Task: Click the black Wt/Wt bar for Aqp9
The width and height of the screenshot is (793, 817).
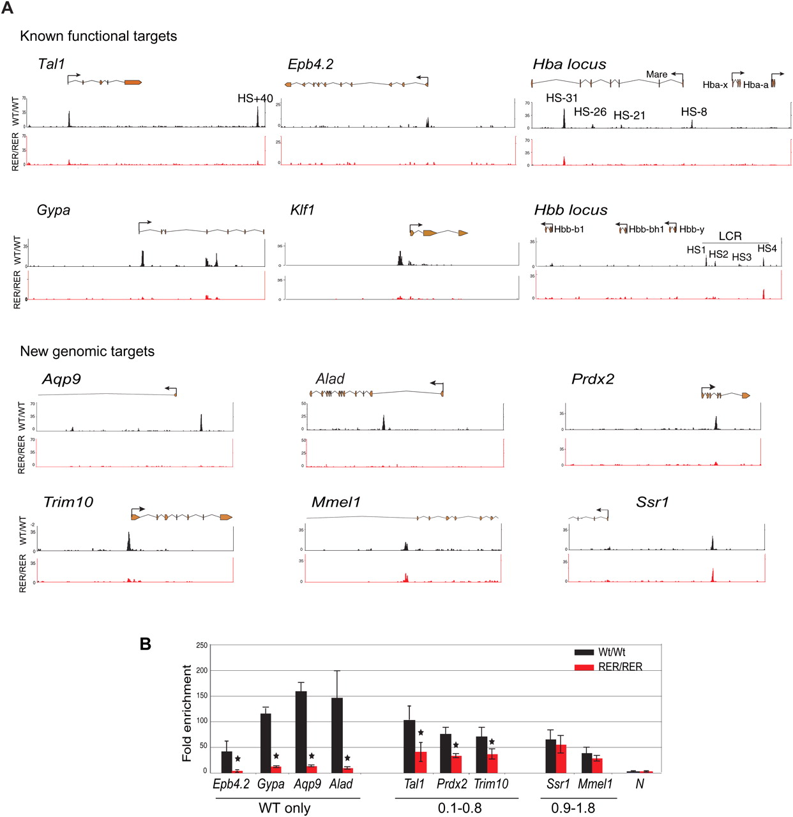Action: coord(301,732)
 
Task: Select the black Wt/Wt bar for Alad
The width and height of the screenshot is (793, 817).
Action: coord(336,735)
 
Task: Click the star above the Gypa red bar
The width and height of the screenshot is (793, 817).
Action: coord(276,756)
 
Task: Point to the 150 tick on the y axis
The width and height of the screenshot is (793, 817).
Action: coord(201,696)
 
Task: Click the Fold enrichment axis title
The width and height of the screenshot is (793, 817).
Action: coord(187,713)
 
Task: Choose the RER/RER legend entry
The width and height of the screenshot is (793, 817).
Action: coord(619,667)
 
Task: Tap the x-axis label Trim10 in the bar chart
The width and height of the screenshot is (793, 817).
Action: coord(491,784)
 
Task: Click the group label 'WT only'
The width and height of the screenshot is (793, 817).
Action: coord(284,808)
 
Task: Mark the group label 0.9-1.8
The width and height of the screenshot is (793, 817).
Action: coord(573,808)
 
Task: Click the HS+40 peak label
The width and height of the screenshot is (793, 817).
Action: coord(255,98)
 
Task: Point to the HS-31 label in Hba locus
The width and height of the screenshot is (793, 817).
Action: coord(562,98)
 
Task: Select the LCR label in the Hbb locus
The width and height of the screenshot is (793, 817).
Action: coord(730,236)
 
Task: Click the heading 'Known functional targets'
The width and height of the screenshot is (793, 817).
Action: coord(98,36)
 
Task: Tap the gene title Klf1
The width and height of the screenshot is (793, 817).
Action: coord(302,210)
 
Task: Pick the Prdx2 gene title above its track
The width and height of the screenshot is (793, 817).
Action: coord(593,379)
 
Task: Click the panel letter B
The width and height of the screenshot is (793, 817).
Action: coord(146,644)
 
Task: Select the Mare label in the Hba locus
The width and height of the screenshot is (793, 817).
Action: coord(656,75)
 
